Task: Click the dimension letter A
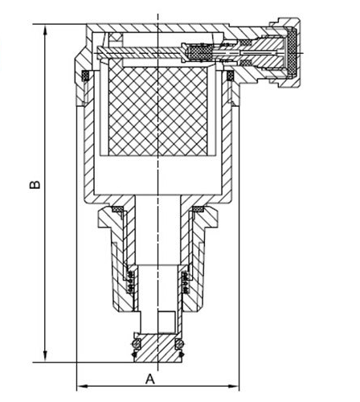(x=150, y=379)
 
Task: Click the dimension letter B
(x=35, y=185)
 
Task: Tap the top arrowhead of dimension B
(x=45, y=30)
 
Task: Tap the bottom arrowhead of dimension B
(x=45, y=356)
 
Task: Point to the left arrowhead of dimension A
(x=83, y=386)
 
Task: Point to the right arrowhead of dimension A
(x=233, y=386)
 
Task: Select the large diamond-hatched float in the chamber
(x=158, y=111)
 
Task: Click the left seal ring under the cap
(x=86, y=76)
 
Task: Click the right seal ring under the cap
(x=230, y=76)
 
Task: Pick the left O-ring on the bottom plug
(x=137, y=343)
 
